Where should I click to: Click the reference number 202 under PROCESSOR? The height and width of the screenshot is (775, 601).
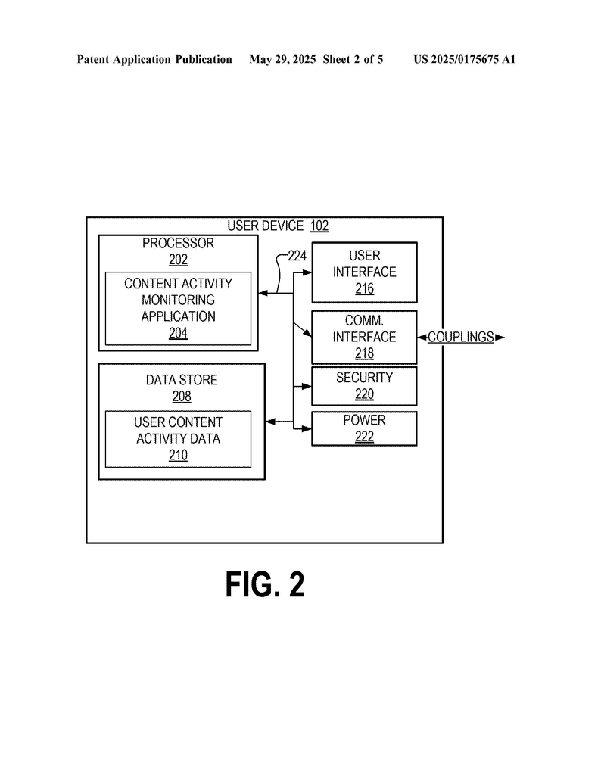tap(178, 260)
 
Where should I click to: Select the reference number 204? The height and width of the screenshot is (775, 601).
tap(178, 333)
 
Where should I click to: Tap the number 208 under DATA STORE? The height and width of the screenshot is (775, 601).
tap(182, 397)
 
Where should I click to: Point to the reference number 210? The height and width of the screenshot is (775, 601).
tap(178, 455)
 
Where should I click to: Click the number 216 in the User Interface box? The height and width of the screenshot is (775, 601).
tap(364, 288)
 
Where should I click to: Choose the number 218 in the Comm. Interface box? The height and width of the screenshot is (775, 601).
tap(364, 353)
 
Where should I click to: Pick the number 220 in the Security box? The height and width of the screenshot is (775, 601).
tap(364, 394)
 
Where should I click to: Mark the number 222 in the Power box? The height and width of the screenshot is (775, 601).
tap(364, 437)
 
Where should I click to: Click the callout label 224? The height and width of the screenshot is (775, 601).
tap(297, 256)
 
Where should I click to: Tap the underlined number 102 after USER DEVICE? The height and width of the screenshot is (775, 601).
tap(319, 226)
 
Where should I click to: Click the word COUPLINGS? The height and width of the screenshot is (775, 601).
tap(461, 337)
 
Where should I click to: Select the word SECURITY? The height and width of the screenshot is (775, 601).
tap(364, 378)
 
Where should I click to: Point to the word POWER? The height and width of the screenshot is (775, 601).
tap(364, 420)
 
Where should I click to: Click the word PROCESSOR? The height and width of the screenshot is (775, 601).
tap(178, 243)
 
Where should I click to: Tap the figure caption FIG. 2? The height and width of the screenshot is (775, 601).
tap(265, 584)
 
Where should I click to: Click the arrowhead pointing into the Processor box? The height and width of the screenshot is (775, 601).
tap(263, 293)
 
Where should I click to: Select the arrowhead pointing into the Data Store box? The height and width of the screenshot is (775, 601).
tap(270, 422)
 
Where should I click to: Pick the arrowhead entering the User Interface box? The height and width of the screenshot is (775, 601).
tap(307, 272)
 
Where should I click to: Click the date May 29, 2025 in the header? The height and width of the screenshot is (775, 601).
tap(282, 60)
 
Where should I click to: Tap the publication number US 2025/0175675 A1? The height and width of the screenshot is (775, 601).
tap(465, 60)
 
